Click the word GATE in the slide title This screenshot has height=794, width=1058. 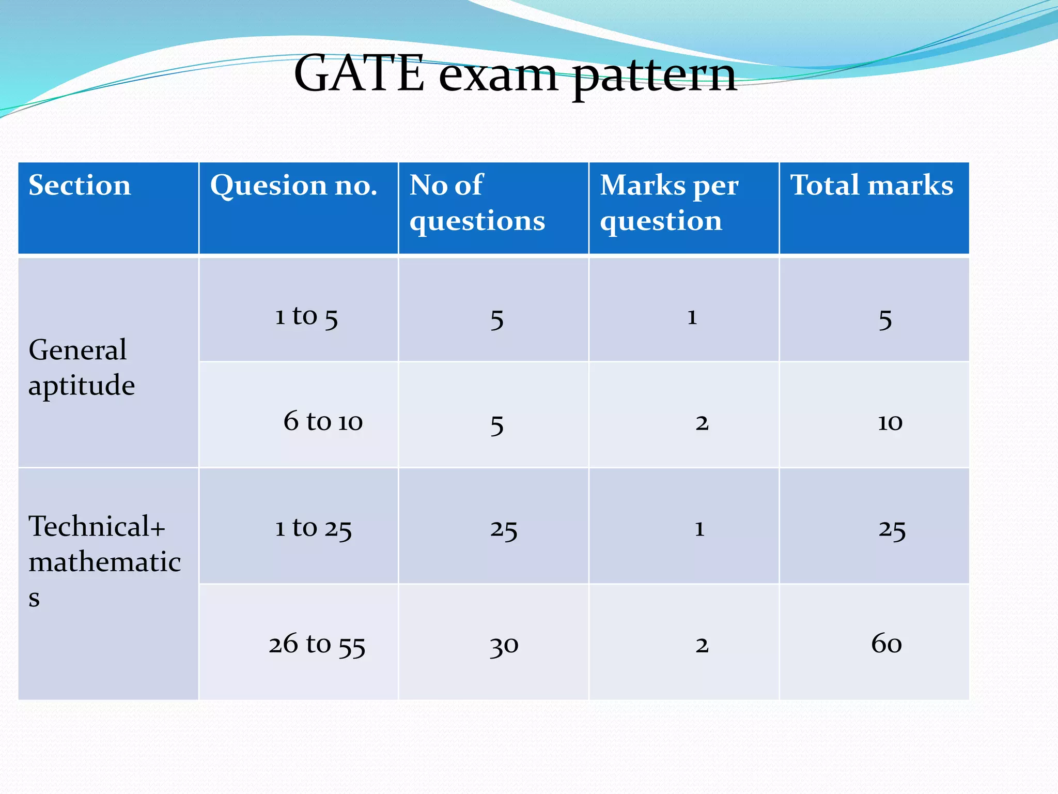click(x=359, y=74)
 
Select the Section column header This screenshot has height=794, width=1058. click(x=80, y=185)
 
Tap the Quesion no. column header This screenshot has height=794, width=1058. click(x=293, y=185)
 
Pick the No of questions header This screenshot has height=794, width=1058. click(x=476, y=203)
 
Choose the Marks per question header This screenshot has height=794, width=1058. click(x=668, y=203)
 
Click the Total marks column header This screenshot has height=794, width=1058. click(x=872, y=185)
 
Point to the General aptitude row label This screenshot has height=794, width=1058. click(x=82, y=367)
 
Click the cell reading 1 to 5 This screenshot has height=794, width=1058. click(x=306, y=316)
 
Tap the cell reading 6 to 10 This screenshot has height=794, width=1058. click(x=323, y=421)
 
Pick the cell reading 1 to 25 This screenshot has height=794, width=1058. click(x=313, y=528)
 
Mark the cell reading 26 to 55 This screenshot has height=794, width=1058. click(x=317, y=645)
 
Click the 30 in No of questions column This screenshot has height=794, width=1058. click(x=504, y=646)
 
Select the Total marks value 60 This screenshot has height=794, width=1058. click(x=886, y=644)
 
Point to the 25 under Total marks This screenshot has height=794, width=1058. click(x=892, y=530)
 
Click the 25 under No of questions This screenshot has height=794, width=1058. click(x=504, y=530)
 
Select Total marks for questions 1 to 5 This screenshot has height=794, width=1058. click(x=885, y=319)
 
